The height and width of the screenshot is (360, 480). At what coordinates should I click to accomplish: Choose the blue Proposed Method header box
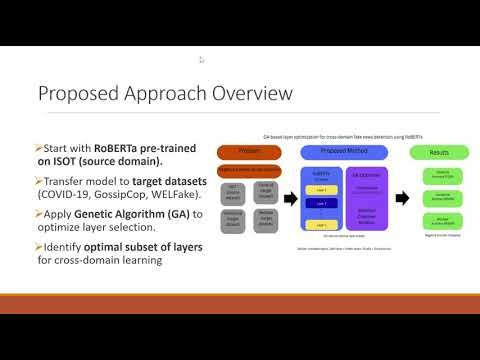point(334,151)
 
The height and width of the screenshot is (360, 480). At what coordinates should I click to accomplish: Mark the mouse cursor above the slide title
point(202,60)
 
